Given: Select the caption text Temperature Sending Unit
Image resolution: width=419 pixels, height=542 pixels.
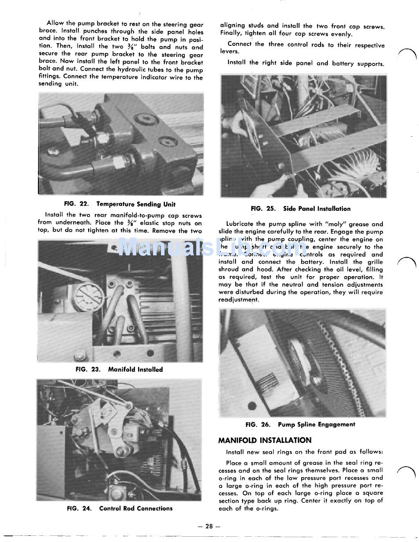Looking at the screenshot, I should coord(136,204).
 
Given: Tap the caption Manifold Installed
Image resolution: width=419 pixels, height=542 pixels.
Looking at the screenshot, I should coord(135,370).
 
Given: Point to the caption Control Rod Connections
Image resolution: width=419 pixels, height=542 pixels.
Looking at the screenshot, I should coord(136,508).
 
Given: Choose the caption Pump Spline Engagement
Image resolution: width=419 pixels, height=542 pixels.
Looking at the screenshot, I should coord(316,425).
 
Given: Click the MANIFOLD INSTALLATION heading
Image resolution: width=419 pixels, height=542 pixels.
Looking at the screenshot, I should coord(265,440).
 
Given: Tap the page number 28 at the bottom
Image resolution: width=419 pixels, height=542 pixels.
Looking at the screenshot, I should coord(209,526).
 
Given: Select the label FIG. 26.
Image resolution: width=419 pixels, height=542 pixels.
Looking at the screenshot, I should coord(258,425).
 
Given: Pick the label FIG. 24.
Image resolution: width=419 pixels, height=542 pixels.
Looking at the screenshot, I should coord(79,508).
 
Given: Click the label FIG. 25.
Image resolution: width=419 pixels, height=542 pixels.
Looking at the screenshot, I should coord(263,209).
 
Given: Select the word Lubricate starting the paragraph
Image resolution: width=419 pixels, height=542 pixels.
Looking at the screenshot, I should coord(240,224).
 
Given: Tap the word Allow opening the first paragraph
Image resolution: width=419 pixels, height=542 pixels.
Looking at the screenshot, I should coord(55,23).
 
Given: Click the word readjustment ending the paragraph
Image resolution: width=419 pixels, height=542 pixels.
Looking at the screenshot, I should coord(239,300).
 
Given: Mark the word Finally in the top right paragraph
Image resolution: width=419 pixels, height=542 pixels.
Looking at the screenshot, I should coord(231,34).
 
